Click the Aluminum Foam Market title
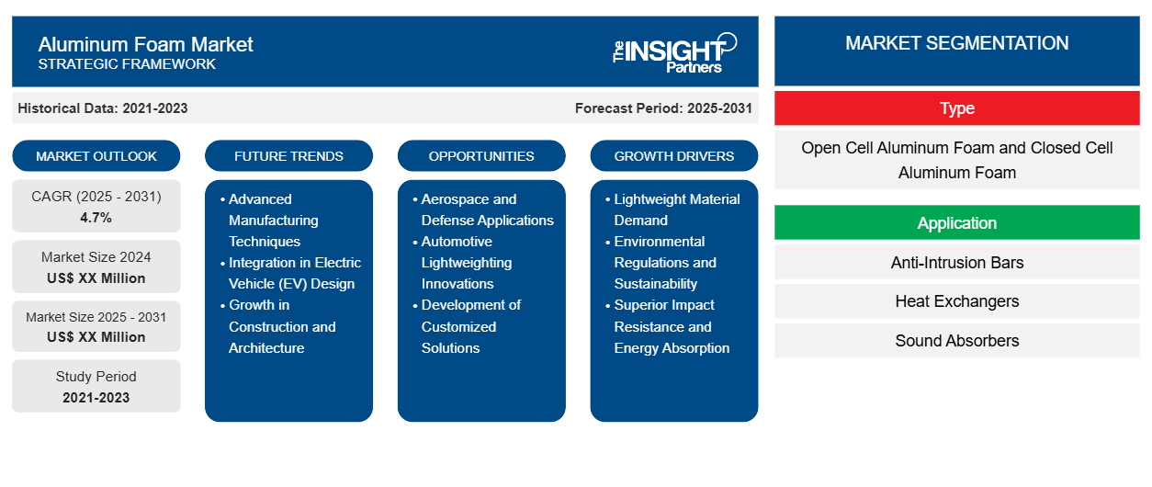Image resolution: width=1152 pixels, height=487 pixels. (145, 44)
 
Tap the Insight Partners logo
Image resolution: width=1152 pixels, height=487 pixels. (674, 51)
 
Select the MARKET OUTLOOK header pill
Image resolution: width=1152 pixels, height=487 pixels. (96, 156)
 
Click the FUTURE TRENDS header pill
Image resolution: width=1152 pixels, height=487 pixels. (288, 156)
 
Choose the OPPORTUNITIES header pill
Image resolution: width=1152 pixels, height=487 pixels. (481, 156)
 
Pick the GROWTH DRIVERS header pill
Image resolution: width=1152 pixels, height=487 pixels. (674, 156)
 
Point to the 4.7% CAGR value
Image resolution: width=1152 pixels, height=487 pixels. (96, 218)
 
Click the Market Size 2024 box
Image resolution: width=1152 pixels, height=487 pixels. (96, 267)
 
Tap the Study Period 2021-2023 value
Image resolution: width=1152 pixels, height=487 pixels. (96, 397)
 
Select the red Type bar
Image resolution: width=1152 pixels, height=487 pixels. (956, 108)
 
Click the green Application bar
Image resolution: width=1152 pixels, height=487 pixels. (956, 223)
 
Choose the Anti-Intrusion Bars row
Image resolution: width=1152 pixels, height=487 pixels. (956, 263)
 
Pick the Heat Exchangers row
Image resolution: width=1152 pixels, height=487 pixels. (956, 301)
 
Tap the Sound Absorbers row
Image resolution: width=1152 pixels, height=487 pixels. (956, 341)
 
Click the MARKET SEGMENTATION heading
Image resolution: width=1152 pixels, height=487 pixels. (956, 43)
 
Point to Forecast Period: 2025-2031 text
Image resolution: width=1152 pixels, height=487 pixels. (663, 108)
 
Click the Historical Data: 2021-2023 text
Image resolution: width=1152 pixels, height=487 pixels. (103, 108)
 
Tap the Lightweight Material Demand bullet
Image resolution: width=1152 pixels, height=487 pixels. (676, 210)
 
